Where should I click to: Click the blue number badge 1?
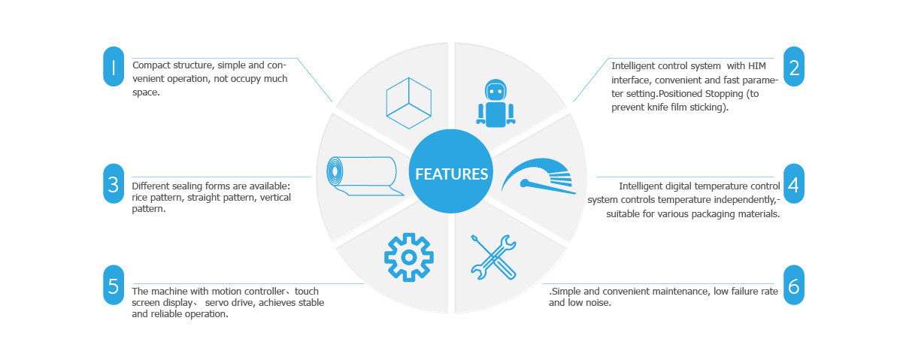114,67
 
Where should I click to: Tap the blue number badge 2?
794,67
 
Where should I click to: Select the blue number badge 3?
114,183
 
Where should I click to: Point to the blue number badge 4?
794,183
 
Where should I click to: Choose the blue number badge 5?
114,285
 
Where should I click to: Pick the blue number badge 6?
794,285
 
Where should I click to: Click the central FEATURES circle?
451,171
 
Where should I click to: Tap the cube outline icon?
409,103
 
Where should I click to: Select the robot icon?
495,103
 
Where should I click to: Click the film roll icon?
363,177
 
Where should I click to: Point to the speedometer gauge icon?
539,176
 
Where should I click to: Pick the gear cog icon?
409,257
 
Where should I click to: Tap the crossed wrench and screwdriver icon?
493,257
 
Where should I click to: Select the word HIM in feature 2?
756,65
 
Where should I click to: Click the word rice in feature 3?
140,198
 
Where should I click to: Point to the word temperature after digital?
701,186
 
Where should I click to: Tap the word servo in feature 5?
216,303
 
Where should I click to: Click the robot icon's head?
495,90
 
